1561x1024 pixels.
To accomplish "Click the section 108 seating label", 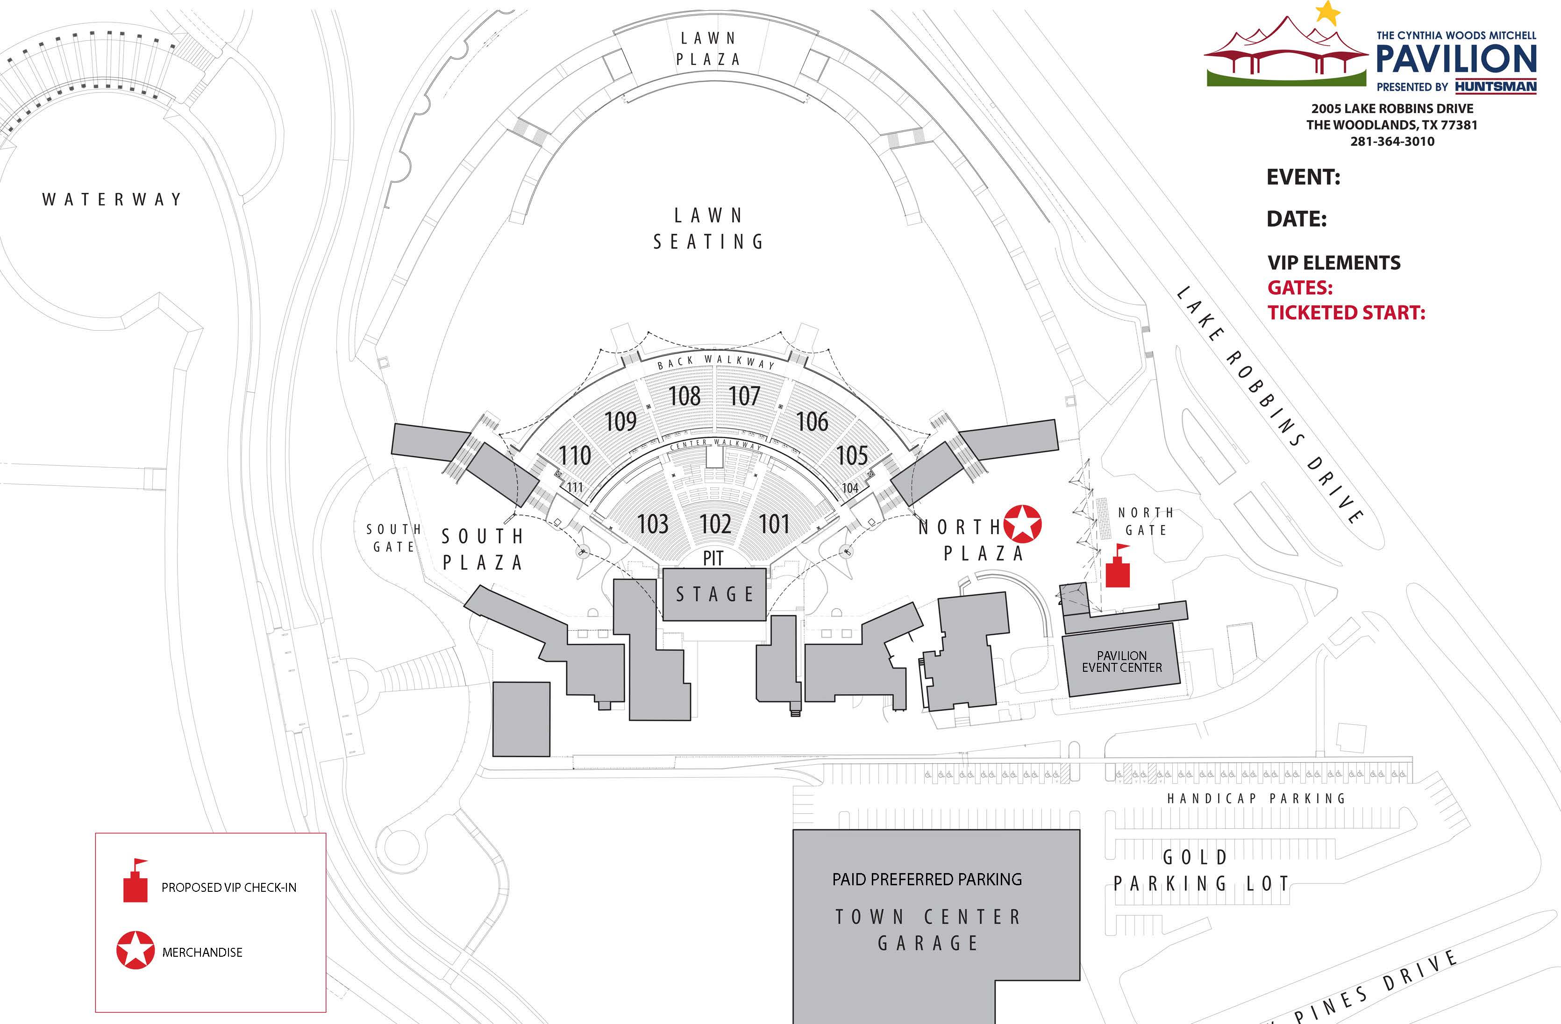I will coord(684,396).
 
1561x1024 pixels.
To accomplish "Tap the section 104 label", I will coord(850,488).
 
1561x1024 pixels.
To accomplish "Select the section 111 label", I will coord(575,487).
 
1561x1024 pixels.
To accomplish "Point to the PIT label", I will coord(713,558).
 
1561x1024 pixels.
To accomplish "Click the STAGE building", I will coord(714,594).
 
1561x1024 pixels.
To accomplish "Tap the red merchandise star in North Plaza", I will coord(1022,525).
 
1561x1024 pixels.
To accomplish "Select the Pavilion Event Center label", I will coord(1121,661).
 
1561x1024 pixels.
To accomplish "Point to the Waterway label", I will coord(112,199).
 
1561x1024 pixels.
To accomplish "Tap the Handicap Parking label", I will coord(1256,798).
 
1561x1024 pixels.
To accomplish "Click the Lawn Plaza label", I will coord(708,49).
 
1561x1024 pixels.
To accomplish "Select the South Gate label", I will coord(393,538).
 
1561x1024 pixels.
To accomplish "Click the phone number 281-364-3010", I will coord(1392,142).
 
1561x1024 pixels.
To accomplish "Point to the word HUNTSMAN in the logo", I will coord(1496,86).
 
